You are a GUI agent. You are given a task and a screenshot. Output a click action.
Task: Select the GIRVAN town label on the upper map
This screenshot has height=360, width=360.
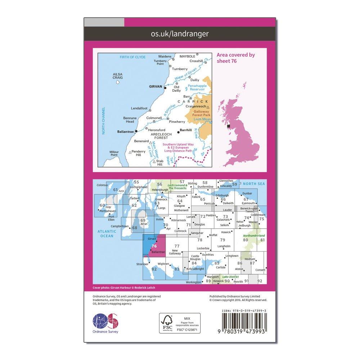pyautogui.click(x=156, y=87)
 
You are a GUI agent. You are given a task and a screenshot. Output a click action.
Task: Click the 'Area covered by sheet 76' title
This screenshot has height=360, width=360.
pyautogui.click(x=235, y=58)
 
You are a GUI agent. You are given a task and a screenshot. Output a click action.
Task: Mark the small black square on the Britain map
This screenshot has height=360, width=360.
pyautogui.click(x=228, y=126)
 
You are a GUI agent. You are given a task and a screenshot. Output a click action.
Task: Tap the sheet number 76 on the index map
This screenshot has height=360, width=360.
pyautogui.click(x=154, y=246)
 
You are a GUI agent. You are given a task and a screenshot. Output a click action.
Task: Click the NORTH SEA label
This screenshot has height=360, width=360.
pyautogui.click(x=251, y=184)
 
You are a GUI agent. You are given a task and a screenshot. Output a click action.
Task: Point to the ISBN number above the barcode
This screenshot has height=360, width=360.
pyautogui.click(x=244, y=310)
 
